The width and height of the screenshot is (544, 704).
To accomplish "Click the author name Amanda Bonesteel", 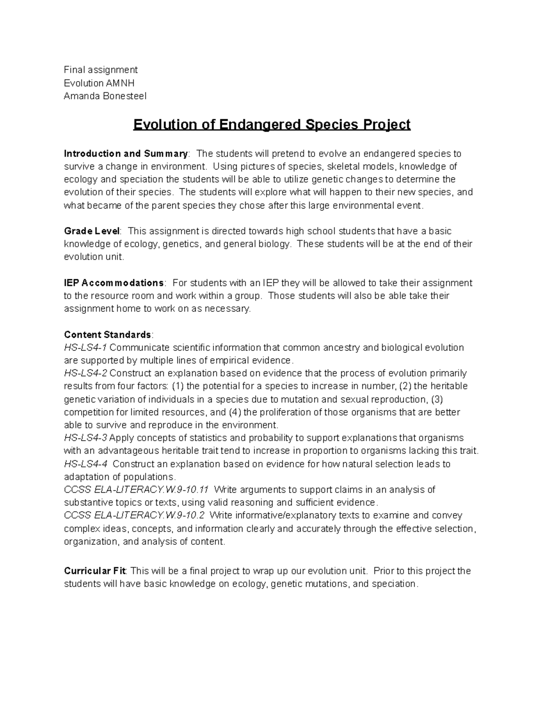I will click(x=105, y=96).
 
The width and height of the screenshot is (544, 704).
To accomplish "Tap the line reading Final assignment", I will click(x=101, y=70).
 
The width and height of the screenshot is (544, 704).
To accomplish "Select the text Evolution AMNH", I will click(x=99, y=83).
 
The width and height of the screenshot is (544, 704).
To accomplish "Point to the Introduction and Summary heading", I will click(x=126, y=154).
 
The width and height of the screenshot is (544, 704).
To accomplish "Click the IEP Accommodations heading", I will click(x=114, y=283).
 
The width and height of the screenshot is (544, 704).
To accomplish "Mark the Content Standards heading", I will click(x=107, y=335).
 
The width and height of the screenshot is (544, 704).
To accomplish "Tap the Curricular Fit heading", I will click(x=96, y=571).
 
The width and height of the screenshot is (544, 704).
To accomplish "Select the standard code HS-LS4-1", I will click(x=86, y=348).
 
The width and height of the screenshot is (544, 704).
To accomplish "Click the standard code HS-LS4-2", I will click(x=86, y=374).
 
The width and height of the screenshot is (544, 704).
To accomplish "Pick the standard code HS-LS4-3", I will click(x=86, y=438).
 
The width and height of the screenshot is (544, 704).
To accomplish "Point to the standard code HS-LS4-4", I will click(x=86, y=464).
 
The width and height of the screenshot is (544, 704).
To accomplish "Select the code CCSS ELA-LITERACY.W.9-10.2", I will click(x=135, y=515).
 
